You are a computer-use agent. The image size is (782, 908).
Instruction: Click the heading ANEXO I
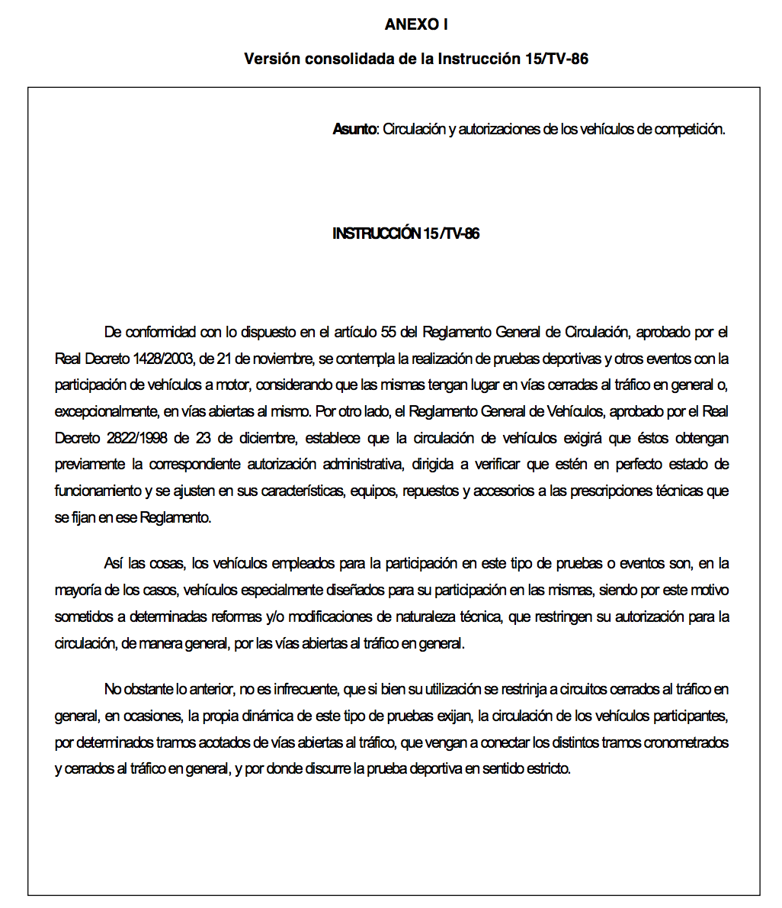coord(416,24)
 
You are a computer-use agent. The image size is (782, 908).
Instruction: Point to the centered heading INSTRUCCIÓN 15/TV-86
coord(406,233)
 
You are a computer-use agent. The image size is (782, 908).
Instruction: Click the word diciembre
coord(272,439)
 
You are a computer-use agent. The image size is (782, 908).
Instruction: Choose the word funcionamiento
coord(98,491)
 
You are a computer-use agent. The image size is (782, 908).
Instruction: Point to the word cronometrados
coord(687,743)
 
